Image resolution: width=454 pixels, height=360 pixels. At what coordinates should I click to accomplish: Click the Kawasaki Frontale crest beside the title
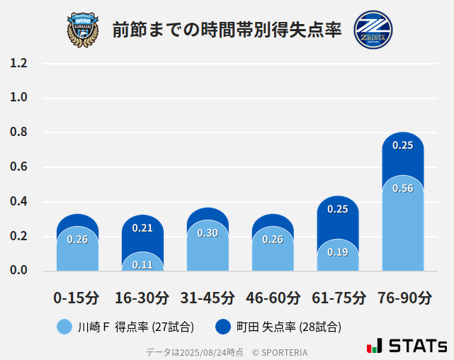pos(83,29)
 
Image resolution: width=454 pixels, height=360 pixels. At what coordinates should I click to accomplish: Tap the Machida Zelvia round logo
pos(373,29)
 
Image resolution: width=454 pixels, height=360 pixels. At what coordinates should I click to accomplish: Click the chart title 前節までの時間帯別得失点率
pos(227,30)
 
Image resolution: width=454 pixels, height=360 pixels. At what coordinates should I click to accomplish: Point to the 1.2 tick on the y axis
pos(19,63)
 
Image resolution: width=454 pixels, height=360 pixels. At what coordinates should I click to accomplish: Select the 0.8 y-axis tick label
pos(19,133)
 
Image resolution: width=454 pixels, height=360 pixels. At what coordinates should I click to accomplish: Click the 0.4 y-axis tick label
pos(19,201)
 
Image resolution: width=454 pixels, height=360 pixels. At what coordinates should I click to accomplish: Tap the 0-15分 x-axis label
pos(77,298)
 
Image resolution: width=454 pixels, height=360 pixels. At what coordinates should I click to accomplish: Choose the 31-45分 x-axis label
pos(208,298)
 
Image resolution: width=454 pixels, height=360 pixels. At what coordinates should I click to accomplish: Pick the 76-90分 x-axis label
pos(404,298)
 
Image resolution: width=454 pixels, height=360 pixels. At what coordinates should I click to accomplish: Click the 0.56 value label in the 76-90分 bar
pos(402,189)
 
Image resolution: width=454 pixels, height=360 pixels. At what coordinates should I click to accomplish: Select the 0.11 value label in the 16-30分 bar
pos(142,265)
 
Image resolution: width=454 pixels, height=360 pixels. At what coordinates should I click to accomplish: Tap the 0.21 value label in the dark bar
pos(142,228)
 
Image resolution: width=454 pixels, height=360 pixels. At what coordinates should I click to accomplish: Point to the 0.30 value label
pos(208,233)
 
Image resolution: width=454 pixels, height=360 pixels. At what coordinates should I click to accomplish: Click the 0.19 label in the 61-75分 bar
pos(337,252)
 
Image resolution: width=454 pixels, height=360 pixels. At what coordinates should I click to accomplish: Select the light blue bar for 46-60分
pos(273,252)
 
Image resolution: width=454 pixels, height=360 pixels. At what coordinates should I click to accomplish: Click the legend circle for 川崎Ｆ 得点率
pos(64,327)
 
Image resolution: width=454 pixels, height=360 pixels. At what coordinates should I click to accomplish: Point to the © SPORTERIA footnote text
pos(280,351)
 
